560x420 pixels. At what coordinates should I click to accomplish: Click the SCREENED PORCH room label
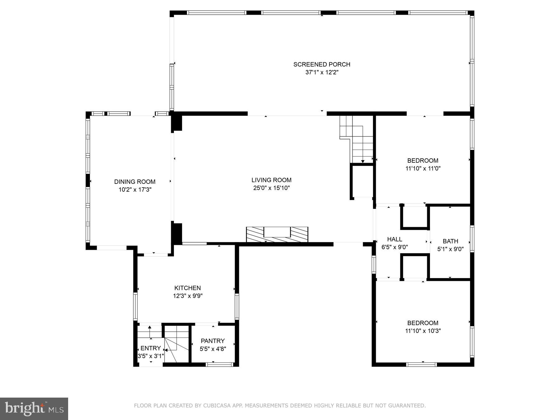pos(322,64)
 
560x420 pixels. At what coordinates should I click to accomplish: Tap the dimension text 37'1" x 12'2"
pos(322,72)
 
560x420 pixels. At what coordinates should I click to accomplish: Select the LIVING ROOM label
pos(271,180)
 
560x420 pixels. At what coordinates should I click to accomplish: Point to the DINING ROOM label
pos(135,182)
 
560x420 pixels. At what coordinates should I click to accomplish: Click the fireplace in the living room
pos(277,234)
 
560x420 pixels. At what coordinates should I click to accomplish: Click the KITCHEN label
pos(187,288)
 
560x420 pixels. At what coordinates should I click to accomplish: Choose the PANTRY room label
pos(212,341)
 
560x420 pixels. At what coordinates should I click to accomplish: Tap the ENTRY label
pos(151,348)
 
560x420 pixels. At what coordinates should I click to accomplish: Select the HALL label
pos(394,239)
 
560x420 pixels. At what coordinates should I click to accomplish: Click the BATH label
pos(450,241)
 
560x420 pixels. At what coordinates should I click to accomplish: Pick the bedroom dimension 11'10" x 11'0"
pos(423,169)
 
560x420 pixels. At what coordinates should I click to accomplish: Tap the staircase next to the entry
pos(176,342)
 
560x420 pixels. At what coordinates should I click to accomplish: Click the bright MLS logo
pos(34,408)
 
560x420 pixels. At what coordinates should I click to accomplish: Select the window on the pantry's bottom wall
pos(219,364)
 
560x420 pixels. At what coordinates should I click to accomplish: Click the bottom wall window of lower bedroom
pos(422,364)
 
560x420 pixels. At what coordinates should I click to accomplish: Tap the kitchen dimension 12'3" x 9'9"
pos(188,296)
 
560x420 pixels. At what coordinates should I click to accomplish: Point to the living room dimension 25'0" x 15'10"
pos(271,188)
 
